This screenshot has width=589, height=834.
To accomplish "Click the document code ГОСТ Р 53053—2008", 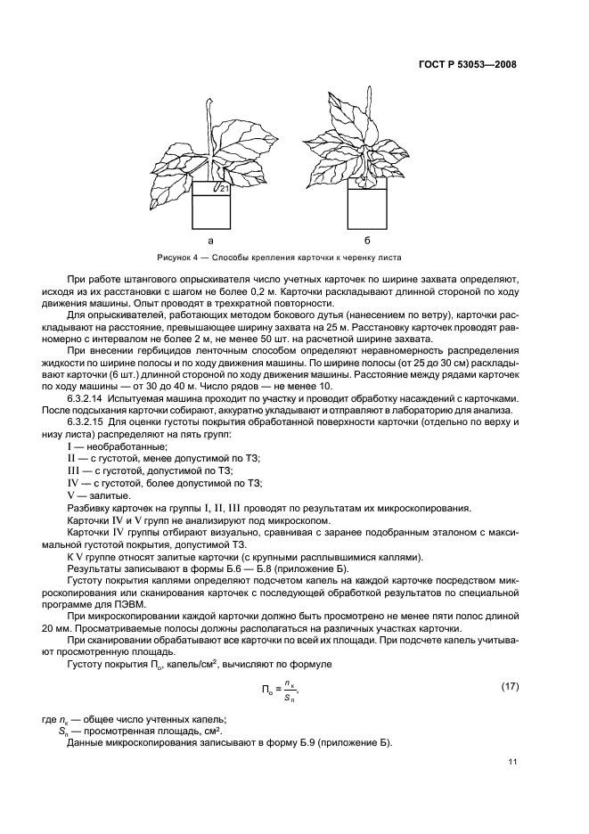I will (x=468, y=64).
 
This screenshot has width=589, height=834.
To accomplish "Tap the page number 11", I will (x=511, y=761).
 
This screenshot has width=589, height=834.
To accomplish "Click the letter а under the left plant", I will (x=210, y=241).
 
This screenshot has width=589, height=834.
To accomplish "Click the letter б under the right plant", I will (x=366, y=241).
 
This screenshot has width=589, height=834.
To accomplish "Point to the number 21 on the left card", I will (x=225, y=190).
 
